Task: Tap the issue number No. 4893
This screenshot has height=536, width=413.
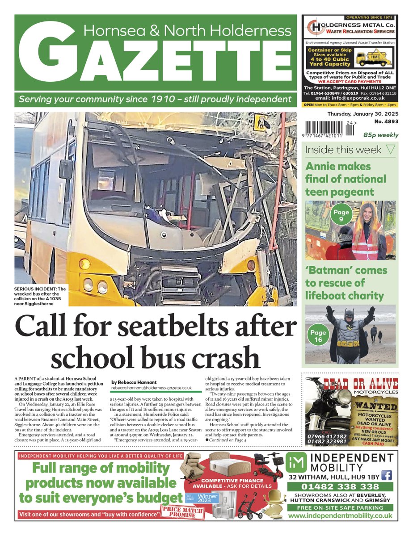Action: (384, 121)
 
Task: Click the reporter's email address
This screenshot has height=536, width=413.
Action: (151, 389)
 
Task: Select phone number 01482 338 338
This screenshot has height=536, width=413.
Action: (341, 486)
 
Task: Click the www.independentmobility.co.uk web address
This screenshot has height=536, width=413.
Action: (341, 515)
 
